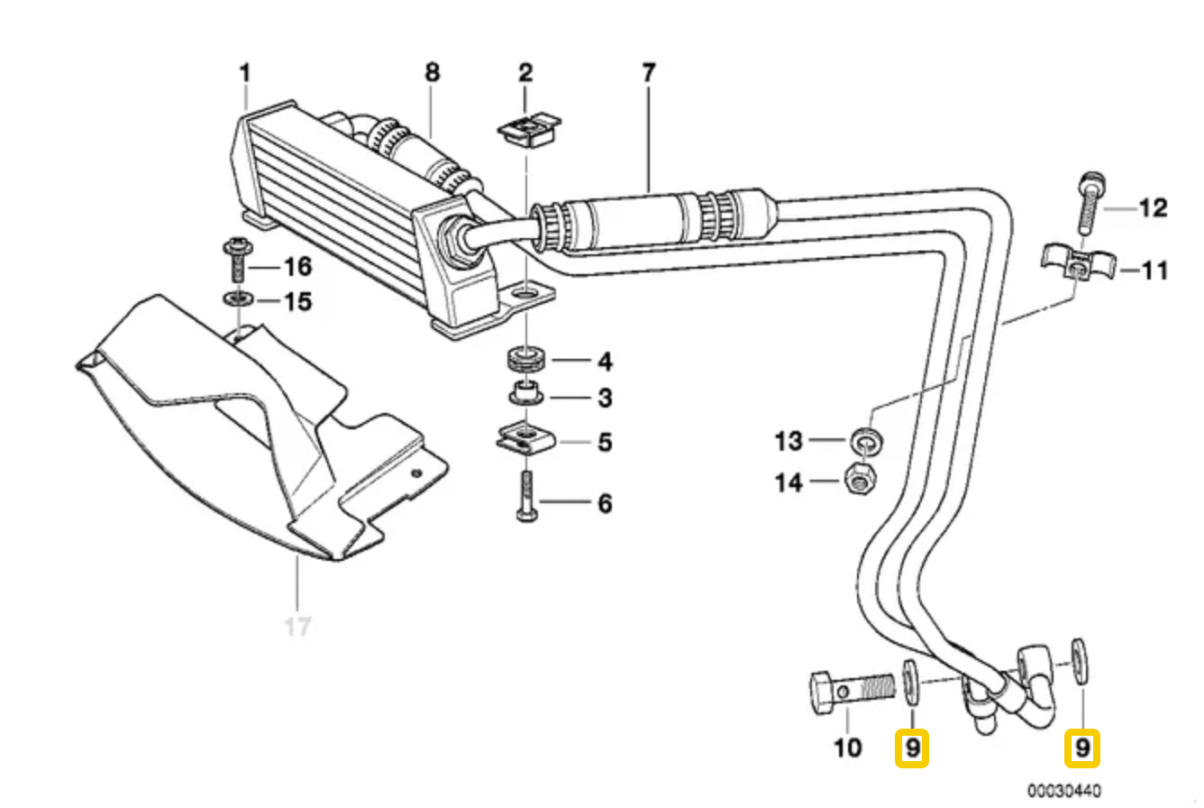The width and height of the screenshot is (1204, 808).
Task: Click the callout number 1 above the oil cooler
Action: click(x=244, y=73)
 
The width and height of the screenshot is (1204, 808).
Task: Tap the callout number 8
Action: click(x=433, y=73)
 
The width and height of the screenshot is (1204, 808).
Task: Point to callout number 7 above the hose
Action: click(x=649, y=73)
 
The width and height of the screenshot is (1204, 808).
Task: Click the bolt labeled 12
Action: click(x=1089, y=203)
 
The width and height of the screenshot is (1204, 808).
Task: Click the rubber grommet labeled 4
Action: click(x=526, y=358)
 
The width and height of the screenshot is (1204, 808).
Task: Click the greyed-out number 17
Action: click(x=297, y=626)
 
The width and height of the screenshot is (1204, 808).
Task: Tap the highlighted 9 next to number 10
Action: click(x=911, y=748)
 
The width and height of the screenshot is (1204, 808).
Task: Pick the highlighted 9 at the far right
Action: click(x=1082, y=748)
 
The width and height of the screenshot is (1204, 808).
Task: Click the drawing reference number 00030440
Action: click(x=1063, y=791)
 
